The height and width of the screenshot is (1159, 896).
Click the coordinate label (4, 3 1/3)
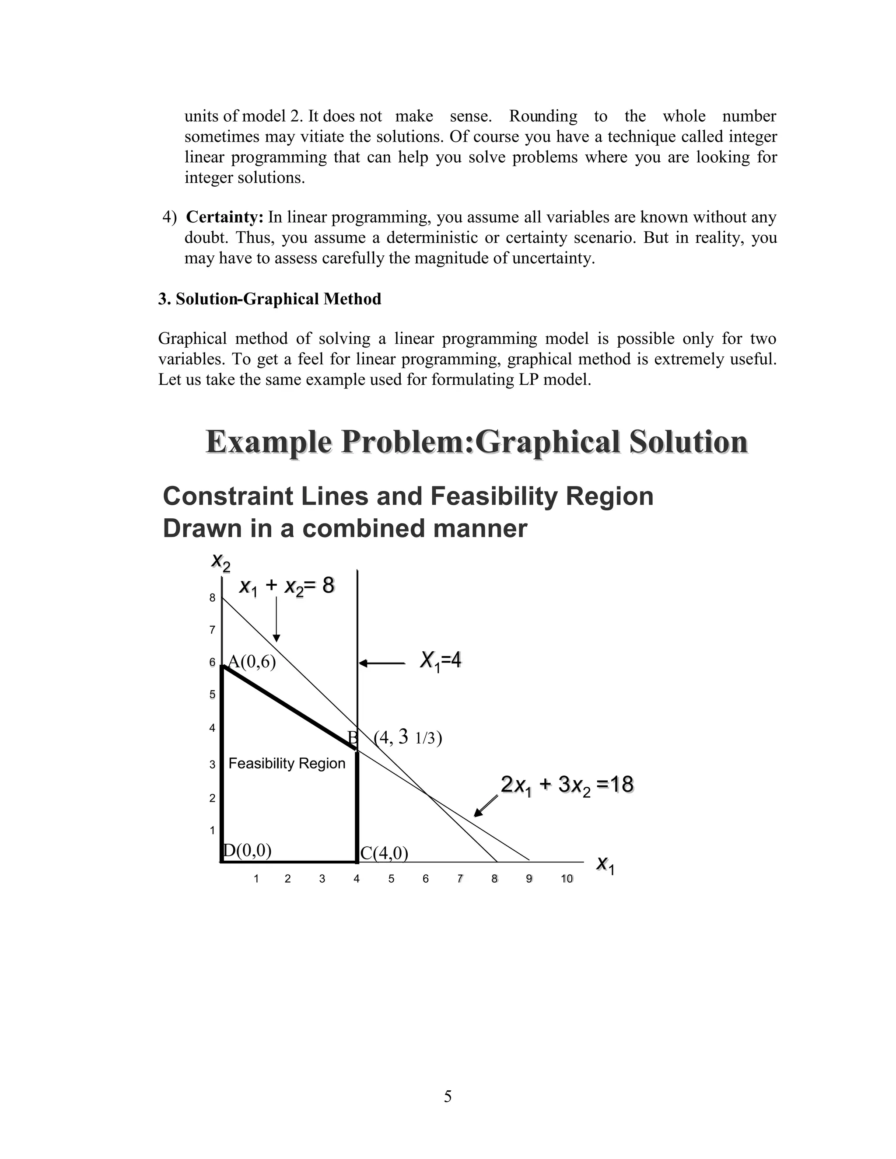click(x=408, y=738)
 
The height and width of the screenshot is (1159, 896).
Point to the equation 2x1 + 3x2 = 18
click(x=567, y=785)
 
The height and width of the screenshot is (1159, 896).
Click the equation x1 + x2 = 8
click(x=287, y=586)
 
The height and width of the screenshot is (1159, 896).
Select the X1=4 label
click(x=440, y=661)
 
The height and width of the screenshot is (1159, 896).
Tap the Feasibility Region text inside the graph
click(x=287, y=763)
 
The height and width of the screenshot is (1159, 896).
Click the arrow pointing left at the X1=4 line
click(x=381, y=663)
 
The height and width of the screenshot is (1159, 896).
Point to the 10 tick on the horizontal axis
click(x=567, y=879)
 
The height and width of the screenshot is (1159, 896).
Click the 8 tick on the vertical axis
click(x=212, y=598)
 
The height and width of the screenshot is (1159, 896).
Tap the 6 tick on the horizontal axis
click(x=425, y=879)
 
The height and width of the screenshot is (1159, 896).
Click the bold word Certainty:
click(x=224, y=217)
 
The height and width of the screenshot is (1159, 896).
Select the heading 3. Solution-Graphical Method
click(x=269, y=299)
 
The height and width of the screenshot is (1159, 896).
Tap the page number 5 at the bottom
click(x=448, y=1096)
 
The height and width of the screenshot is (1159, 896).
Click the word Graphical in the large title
click(x=547, y=442)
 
